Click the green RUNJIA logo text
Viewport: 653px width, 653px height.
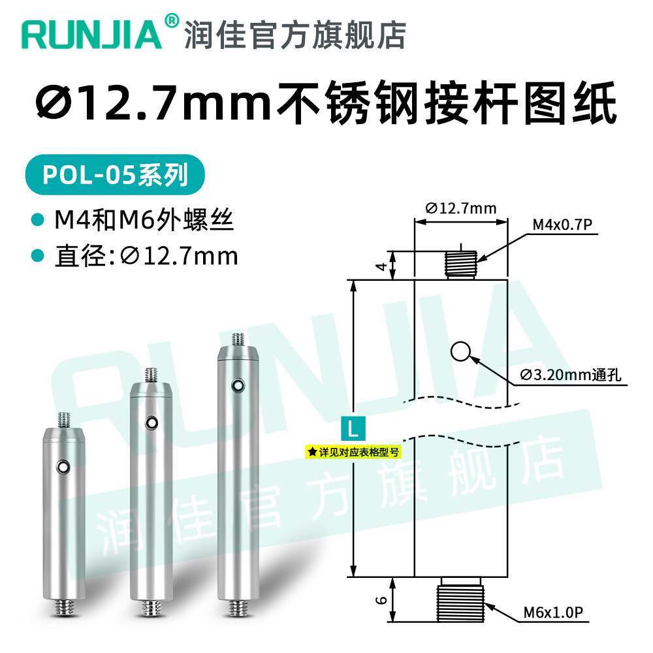pos(91,35)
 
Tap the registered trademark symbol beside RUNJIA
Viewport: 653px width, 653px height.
pos(172,20)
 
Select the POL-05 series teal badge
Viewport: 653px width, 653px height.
pos(115,174)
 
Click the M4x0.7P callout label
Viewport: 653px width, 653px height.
pos(562,225)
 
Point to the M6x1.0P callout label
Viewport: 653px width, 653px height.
pos(553,613)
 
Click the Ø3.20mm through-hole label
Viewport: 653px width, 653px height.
pos(571,375)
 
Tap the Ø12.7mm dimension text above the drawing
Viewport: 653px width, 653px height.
pos(461,208)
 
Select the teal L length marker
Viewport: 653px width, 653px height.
pos(353,428)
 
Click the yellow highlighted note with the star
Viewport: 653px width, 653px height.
pos(353,452)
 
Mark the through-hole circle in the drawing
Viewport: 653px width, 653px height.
pos(460,352)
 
